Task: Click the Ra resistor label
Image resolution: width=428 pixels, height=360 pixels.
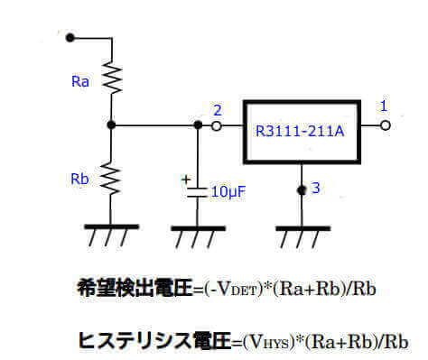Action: [80, 82]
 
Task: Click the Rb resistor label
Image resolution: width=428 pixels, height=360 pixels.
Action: [80, 179]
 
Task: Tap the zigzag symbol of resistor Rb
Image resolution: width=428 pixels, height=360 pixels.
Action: [109, 177]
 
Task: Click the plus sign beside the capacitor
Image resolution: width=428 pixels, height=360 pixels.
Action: [187, 180]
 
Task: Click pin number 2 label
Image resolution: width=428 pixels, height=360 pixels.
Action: [217, 110]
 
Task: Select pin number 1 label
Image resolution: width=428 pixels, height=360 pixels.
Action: [384, 106]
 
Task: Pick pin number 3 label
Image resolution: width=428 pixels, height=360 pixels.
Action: [314, 188]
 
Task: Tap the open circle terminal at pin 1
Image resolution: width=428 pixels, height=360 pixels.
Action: [386, 126]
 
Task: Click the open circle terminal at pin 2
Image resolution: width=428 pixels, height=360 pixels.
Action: [217, 126]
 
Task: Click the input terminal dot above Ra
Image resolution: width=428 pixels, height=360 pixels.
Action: [70, 39]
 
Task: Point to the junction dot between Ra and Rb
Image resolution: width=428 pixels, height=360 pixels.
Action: [109, 126]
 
